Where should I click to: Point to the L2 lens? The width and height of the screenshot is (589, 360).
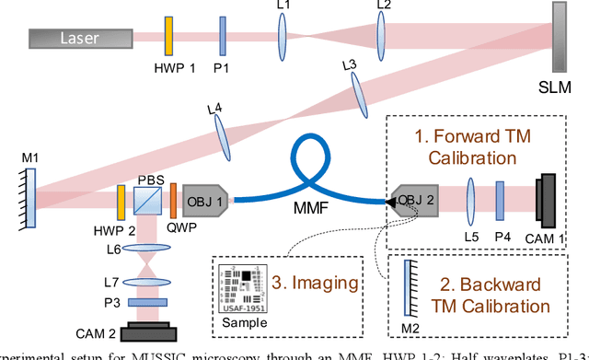pyautogui.click(x=382, y=39)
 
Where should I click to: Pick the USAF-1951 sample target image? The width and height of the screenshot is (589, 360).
pyautogui.click(x=244, y=283)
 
